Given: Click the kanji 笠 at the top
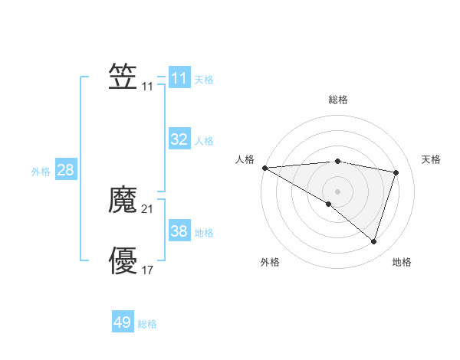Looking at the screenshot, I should [x=123, y=77].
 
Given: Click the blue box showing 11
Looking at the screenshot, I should [x=179, y=78].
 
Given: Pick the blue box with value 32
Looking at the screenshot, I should [x=179, y=139].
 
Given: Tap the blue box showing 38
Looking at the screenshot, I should [x=179, y=231].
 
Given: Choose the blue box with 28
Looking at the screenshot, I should [x=65, y=170].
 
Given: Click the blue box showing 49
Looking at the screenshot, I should [x=123, y=322].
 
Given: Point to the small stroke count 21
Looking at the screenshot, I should [x=148, y=209].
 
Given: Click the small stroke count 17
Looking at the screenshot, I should [x=148, y=270].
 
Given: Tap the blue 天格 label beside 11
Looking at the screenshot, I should [x=204, y=80].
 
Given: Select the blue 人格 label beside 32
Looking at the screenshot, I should [x=204, y=141].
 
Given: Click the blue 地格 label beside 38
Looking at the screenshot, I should [x=204, y=233].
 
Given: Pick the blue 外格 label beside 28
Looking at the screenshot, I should [x=41, y=172].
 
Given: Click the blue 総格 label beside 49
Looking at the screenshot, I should [x=147, y=325].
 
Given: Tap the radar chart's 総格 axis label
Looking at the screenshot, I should [x=337, y=100].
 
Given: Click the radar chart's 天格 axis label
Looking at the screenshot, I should [x=432, y=159].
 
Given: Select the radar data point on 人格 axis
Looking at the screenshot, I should [x=264, y=168].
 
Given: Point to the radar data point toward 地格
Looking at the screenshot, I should [x=373, y=241].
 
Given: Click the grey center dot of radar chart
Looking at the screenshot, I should [x=337, y=191].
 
